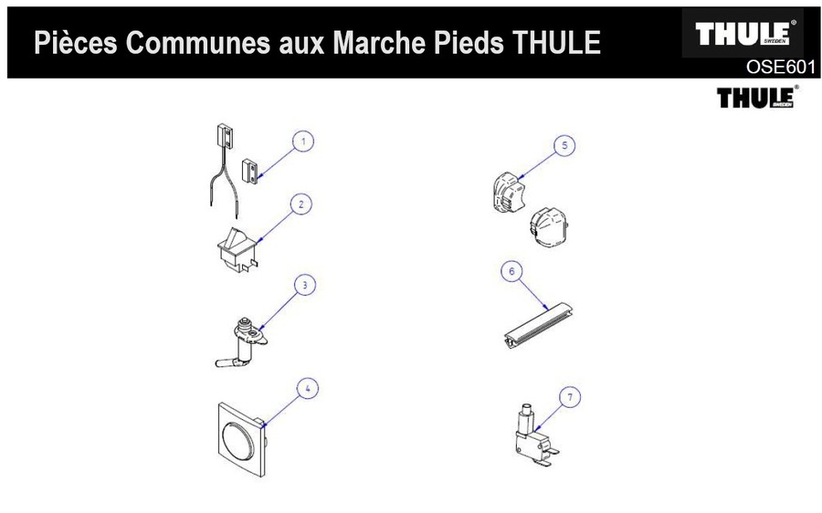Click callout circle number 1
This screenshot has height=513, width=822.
point(304,141)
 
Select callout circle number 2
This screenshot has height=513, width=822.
point(302,204)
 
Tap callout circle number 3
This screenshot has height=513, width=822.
point(304,285)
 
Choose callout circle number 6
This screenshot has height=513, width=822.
point(512,271)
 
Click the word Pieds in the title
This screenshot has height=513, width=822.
point(471,43)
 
